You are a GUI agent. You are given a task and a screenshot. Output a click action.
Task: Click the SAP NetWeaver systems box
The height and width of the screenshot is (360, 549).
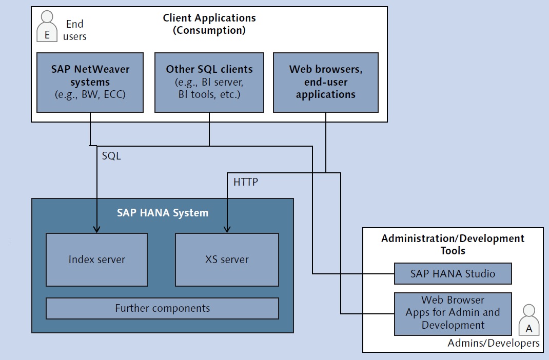tap(90, 83)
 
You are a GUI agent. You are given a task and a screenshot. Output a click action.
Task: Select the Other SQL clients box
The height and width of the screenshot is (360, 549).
tap(209, 83)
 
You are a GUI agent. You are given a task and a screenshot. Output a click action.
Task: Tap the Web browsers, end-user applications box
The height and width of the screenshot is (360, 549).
tap(326, 83)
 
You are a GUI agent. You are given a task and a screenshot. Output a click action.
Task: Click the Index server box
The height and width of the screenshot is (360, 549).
tap(96, 259)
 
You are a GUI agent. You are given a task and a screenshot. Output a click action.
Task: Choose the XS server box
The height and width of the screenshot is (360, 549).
tap(227, 259)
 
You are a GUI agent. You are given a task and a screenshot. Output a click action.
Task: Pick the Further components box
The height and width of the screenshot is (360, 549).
tap(163, 308)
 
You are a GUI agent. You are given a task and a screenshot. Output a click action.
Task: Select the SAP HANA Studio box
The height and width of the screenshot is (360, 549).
tap(453, 273)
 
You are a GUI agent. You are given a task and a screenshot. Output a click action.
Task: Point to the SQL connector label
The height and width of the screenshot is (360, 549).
tap(111, 156)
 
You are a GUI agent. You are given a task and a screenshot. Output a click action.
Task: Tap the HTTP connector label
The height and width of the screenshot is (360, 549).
tap(246, 182)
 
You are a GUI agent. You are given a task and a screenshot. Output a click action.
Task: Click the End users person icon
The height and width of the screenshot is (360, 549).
tap(47, 27)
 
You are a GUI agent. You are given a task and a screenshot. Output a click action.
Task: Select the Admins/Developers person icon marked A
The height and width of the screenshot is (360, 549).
tap(528, 320)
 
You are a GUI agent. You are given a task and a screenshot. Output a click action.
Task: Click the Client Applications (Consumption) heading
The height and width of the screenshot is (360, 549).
tap(209, 24)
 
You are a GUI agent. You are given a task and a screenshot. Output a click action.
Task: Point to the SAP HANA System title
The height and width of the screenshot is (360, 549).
tap(163, 213)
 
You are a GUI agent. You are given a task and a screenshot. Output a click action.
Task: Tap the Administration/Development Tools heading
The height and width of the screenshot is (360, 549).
tap(453, 244)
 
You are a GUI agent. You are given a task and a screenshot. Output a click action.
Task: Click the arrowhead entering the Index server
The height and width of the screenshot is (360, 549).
tap(96, 230)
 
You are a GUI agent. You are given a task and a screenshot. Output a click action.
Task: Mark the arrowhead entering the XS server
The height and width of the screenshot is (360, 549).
tap(227, 230)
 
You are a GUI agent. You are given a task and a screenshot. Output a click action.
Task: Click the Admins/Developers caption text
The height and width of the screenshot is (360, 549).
tap(493, 343)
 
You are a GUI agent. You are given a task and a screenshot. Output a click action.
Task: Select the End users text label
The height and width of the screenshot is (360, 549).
tap(74, 30)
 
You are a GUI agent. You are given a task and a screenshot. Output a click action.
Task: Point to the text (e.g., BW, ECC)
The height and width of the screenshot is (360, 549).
tap(90, 95)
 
